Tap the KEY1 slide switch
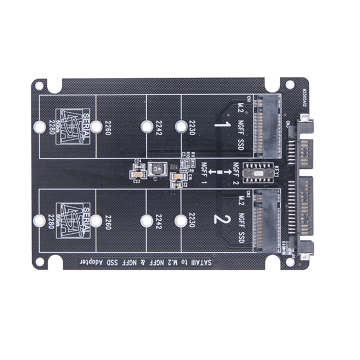[x=259, y=172]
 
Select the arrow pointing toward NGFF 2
[x=227, y=172]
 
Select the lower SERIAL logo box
[x=73, y=221]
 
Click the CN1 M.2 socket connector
[x=267, y=126]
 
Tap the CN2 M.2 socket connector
[x=267, y=221]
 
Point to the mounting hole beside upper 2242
[x=147, y=127]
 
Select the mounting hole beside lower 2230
[x=181, y=220]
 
